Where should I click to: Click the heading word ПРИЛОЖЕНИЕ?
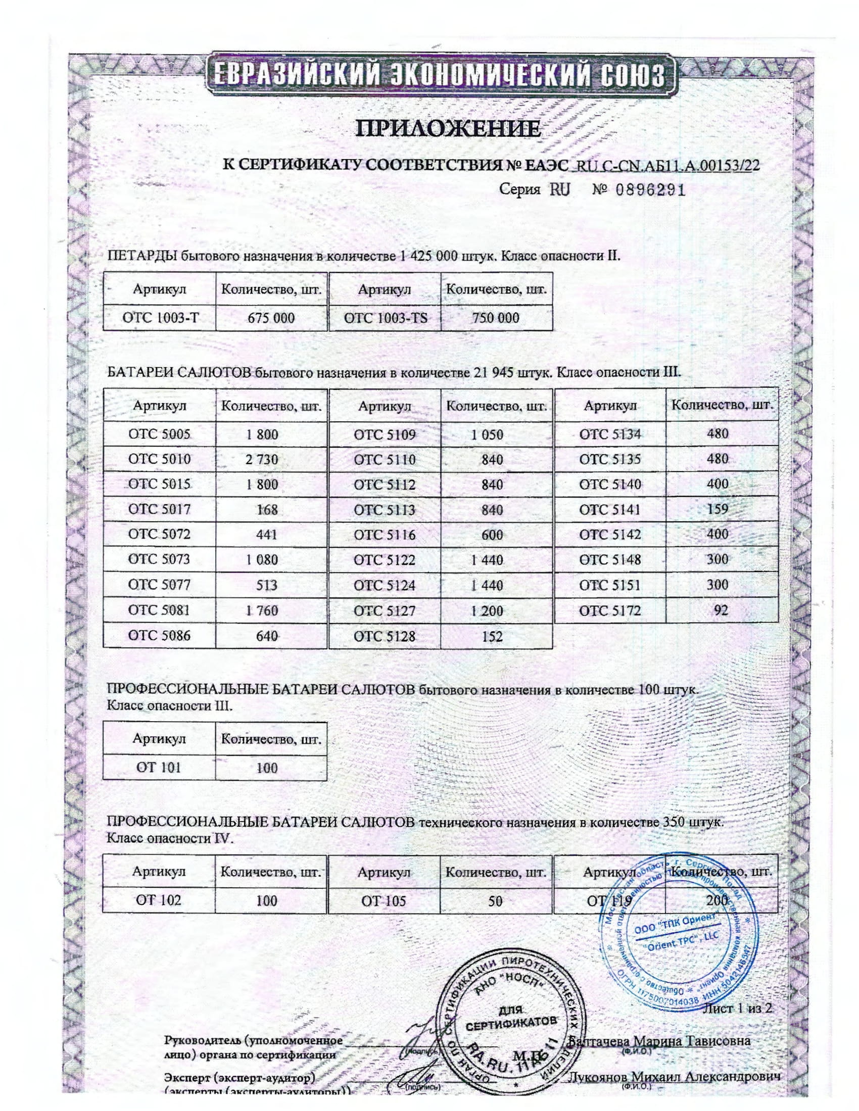click(x=447, y=128)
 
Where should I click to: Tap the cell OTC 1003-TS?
click(x=385, y=318)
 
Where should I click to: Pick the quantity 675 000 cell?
click(x=271, y=318)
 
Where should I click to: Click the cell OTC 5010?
click(x=159, y=459)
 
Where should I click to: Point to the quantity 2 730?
click(x=262, y=460)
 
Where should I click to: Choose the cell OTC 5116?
click(x=385, y=535)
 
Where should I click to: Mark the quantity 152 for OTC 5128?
click(x=492, y=636)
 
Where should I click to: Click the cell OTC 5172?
click(x=610, y=611)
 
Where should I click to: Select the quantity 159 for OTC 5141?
click(x=718, y=509)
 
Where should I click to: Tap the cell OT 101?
click(x=158, y=767)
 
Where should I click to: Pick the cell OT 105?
click(x=384, y=901)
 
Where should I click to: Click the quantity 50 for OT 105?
click(x=495, y=901)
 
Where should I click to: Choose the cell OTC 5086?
click(x=159, y=635)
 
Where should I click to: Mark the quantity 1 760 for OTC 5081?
click(x=262, y=611)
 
